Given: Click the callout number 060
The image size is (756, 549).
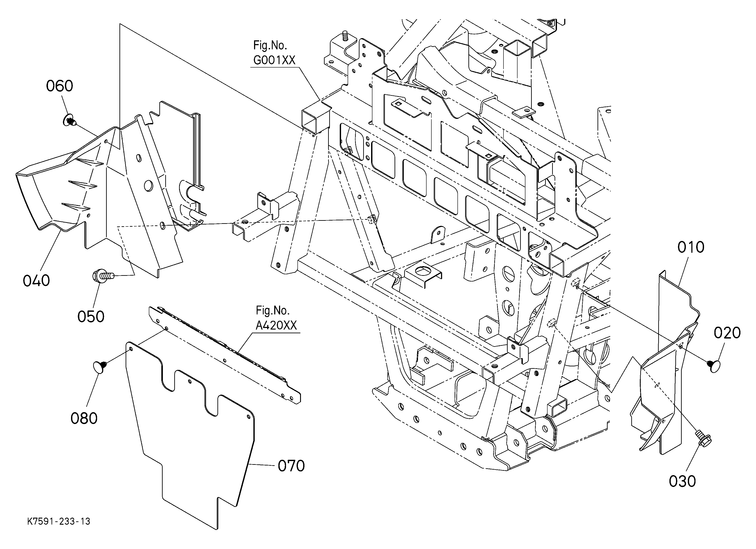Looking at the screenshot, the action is click(x=59, y=86).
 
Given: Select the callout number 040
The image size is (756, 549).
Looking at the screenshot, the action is click(x=36, y=280).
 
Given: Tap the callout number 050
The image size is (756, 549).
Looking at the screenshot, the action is click(x=91, y=316).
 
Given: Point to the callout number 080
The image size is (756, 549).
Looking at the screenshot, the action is click(x=84, y=418).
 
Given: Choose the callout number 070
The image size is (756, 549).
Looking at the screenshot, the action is click(x=291, y=466).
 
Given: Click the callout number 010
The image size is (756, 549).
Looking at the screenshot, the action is click(x=691, y=247).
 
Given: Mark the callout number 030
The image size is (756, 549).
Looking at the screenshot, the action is click(x=683, y=481).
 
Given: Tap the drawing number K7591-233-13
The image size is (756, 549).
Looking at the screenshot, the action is click(x=59, y=521).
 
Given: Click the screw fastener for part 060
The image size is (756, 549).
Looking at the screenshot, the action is click(x=70, y=120).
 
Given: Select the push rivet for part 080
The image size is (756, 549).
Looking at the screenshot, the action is click(x=100, y=366).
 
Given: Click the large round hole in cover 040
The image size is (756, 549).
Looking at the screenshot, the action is click(x=148, y=186).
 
